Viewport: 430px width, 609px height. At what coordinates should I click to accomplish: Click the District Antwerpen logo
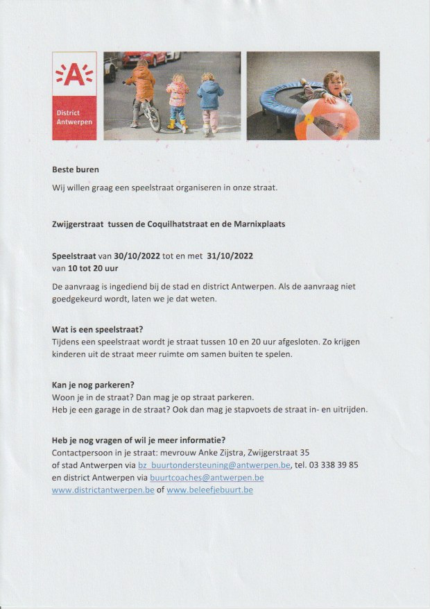tap(74, 95)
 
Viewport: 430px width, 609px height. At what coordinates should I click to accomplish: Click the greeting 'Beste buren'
tap(75, 169)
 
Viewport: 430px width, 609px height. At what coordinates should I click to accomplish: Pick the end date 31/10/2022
tap(230, 256)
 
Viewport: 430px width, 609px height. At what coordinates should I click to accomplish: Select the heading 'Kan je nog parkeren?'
tap(93, 385)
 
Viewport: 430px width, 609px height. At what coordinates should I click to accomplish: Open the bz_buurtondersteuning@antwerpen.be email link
tap(214, 465)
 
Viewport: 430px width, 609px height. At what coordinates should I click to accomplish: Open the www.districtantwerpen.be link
tap(103, 490)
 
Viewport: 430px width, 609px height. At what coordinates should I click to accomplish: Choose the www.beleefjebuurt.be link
tap(209, 490)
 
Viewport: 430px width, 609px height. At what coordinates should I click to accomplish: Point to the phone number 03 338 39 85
tap(334, 465)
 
